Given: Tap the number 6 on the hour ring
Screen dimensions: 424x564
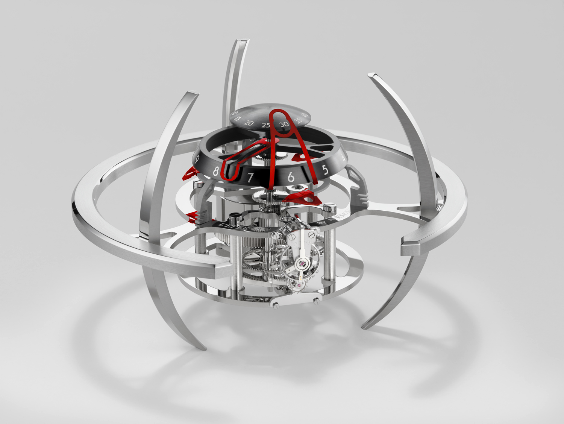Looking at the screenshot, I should (291, 178).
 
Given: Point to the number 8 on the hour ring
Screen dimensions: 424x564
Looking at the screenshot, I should (215, 172).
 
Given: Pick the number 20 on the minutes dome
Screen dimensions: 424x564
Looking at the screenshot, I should (248, 123).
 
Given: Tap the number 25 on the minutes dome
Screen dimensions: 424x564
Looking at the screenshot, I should (266, 125).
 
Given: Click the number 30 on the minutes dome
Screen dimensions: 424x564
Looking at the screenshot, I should (284, 124).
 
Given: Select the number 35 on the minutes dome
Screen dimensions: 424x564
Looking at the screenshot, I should (298, 120).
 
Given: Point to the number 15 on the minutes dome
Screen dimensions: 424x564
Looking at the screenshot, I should (238, 118).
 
